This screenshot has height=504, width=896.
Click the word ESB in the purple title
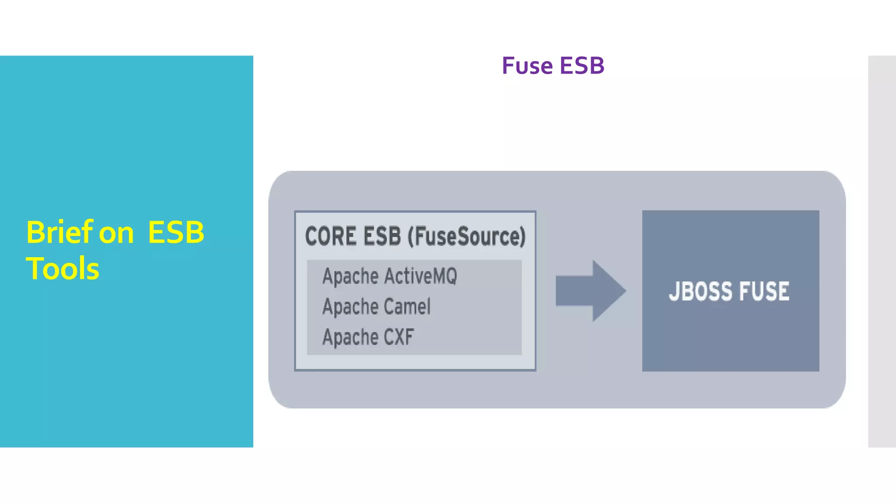click(582, 66)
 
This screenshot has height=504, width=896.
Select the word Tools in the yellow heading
click(63, 268)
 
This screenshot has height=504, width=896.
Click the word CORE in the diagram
click(331, 236)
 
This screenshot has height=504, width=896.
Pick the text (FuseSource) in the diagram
click(466, 237)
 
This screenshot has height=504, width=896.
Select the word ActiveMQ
click(421, 276)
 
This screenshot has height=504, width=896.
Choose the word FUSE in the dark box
click(764, 291)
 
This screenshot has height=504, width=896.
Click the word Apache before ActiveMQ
click(350, 276)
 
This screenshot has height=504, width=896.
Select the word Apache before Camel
click(350, 307)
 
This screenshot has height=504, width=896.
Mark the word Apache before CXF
click(350, 337)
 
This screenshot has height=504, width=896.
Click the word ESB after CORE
click(382, 236)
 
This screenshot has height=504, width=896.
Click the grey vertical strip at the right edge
click(882, 251)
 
